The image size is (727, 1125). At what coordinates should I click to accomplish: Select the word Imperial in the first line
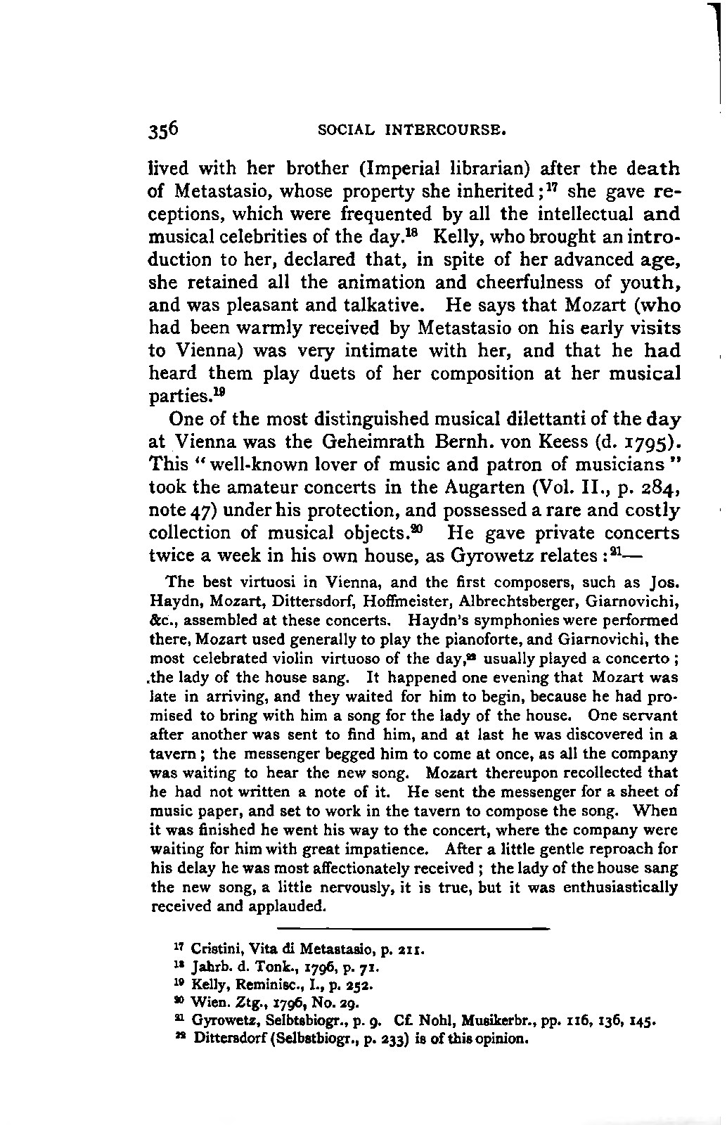click(x=399, y=169)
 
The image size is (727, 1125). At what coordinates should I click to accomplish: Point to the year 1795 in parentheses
click(x=650, y=443)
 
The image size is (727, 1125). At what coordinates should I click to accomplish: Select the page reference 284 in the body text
click(x=659, y=488)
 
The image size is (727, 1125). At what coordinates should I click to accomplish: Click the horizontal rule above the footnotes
click(x=413, y=929)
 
